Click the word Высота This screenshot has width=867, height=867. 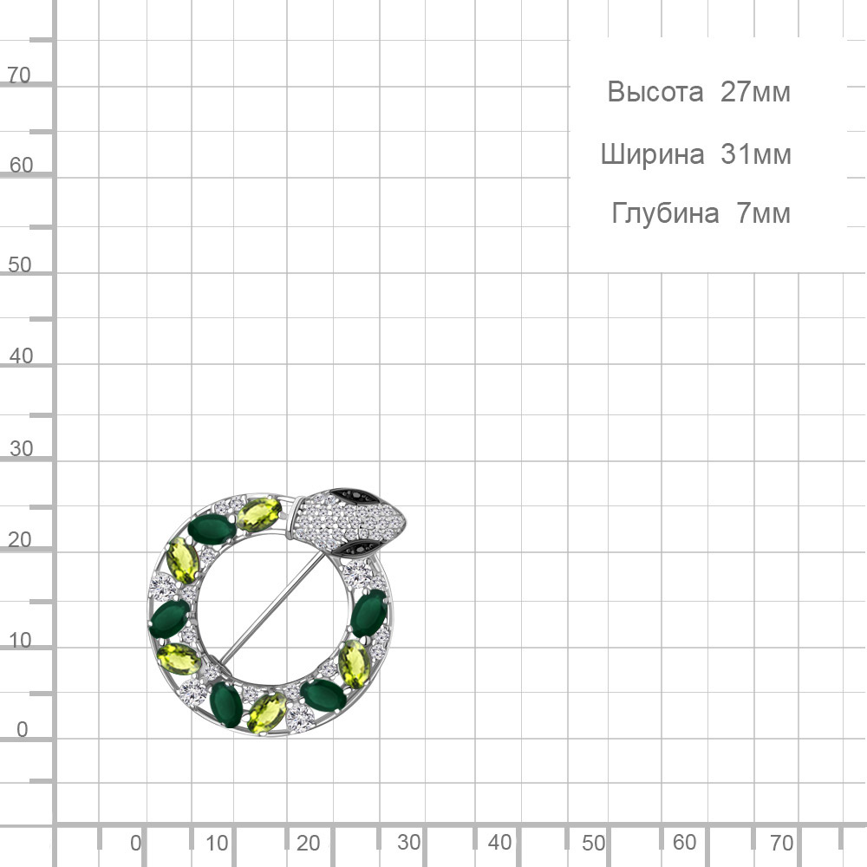click(655, 92)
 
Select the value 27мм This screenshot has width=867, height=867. click(755, 92)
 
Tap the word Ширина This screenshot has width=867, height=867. click(653, 154)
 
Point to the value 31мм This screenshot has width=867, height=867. click(756, 154)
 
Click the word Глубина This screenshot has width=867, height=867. click(665, 213)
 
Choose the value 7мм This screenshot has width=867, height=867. click(764, 213)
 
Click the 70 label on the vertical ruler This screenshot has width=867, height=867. click(19, 75)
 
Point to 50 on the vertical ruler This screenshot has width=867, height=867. click(20, 264)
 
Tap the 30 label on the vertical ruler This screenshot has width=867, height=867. click(21, 448)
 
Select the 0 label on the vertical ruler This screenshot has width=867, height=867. click(23, 729)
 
